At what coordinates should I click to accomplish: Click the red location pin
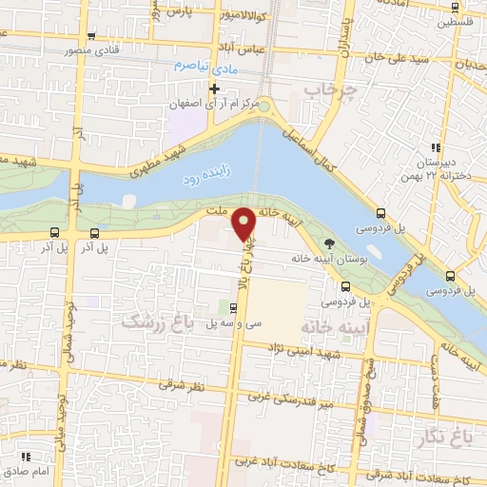[x=244, y=224]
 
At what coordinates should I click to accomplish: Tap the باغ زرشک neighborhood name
[x=158, y=323]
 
